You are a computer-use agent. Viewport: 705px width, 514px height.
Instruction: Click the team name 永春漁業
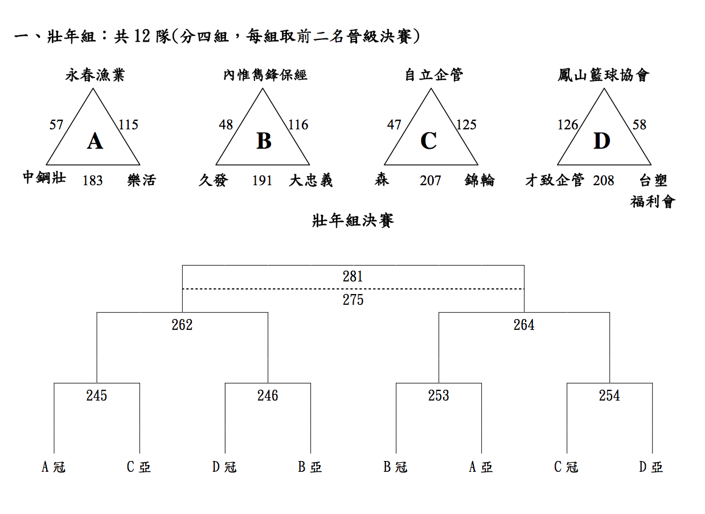pos(95,75)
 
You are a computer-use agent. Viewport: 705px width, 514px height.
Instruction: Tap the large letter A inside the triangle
pos(95,141)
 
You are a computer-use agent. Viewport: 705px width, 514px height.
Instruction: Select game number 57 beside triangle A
pos(56,125)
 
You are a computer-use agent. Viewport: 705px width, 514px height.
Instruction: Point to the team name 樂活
pos(142,181)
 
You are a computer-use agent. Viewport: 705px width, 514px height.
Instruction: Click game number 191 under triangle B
pos(262,181)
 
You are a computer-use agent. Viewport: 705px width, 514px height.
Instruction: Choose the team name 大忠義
pos(310,181)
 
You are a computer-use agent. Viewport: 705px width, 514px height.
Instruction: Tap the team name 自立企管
pos(434,75)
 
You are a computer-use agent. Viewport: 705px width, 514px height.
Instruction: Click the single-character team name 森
pos(382,180)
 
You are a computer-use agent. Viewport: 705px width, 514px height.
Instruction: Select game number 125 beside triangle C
pos(466,125)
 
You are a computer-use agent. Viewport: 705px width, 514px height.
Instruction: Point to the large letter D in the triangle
pos(602,141)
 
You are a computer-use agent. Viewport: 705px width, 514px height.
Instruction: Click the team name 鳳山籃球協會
pos(603,75)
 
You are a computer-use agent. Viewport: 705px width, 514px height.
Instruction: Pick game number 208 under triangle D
pos(603,181)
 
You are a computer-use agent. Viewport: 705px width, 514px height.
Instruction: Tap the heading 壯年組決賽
pos(353,221)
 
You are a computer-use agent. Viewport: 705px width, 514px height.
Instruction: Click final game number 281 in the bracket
pos(353,276)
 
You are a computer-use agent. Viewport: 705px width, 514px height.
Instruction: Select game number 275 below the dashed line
pos(353,300)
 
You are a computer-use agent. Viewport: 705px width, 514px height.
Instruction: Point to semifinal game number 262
pos(182,325)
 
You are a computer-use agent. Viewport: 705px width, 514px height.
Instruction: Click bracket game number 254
pos(609,395)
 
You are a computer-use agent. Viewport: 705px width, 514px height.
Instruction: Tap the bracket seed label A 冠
pos(54,467)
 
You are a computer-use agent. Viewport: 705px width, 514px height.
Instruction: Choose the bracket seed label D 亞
pos(651,467)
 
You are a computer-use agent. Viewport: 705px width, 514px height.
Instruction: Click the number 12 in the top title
pos(142,36)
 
